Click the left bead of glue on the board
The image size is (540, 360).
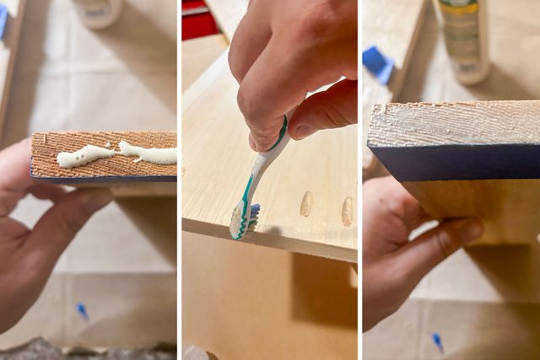click(84, 155)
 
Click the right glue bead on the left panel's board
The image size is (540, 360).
click(148, 153)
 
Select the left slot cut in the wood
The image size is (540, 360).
click(306, 203)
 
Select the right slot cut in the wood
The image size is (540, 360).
click(347, 211)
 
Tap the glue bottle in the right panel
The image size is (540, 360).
click(462, 38)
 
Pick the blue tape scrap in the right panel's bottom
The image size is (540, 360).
click(437, 341)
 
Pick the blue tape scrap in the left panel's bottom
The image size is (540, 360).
click(82, 311)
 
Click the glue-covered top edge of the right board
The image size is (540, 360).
click(456, 123)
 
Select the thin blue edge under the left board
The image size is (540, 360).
click(101, 180)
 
